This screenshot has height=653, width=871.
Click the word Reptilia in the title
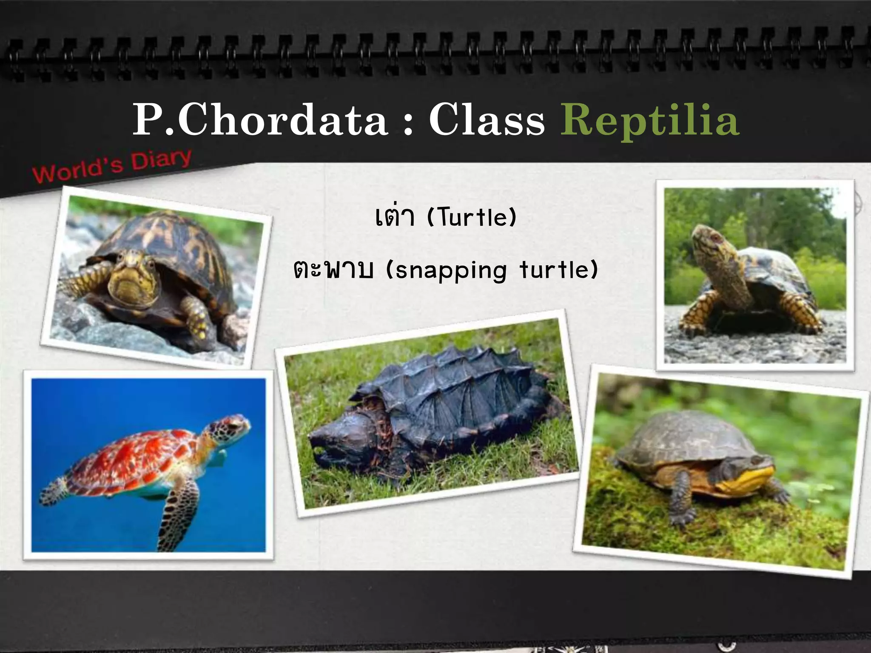point(650,121)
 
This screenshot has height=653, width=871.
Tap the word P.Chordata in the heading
point(260,121)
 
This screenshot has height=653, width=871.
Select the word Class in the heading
point(487,121)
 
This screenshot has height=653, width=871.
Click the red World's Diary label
point(112,166)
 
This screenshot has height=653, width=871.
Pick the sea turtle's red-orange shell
point(140,459)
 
